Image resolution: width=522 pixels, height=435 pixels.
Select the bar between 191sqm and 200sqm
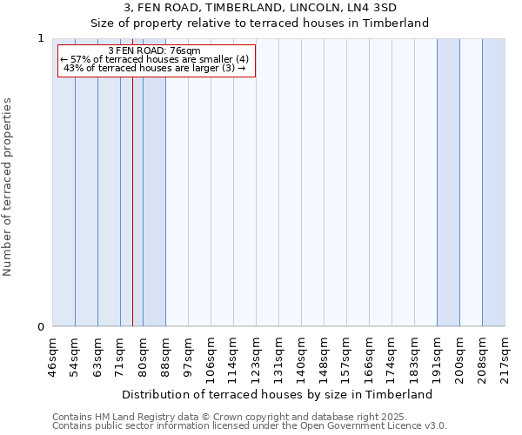coord(448,183)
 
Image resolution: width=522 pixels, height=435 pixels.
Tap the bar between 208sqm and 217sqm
coord(493,183)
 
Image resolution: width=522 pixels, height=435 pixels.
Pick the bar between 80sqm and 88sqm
coord(154,183)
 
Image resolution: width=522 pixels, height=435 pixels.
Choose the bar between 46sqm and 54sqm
coord(64,183)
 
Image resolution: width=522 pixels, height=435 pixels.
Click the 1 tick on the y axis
coord(40,38)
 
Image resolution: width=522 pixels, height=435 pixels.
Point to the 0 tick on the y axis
coord(40,327)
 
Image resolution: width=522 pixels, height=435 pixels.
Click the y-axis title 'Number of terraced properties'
coord(8,187)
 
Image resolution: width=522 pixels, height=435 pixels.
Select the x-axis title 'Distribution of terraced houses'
coord(283,394)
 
